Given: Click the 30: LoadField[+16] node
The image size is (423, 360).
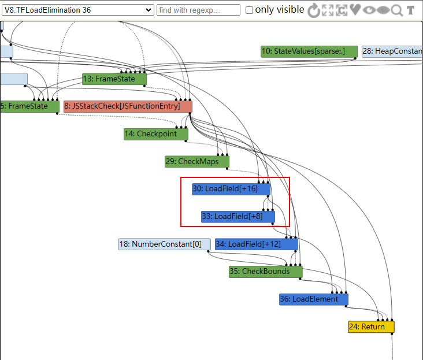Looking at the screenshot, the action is click(x=231, y=189).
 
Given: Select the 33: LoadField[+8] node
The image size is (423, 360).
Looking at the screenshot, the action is click(x=238, y=217).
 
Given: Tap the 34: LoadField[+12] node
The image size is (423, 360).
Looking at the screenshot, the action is click(x=257, y=244).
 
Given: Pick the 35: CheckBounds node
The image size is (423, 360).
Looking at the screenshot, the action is click(x=266, y=272).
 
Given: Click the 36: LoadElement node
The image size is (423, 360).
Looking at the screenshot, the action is click(x=314, y=299).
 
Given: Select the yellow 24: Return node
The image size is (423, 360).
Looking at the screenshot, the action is click(x=371, y=327).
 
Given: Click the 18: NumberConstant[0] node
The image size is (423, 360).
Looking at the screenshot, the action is click(x=165, y=244).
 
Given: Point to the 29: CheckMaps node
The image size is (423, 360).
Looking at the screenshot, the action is click(x=197, y=162).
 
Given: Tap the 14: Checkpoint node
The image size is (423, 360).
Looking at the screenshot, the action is click(x=156, y=134).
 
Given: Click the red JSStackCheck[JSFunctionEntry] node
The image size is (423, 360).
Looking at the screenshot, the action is click(x=128, y=106).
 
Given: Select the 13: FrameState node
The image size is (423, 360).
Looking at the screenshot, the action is click(x=114, y=79).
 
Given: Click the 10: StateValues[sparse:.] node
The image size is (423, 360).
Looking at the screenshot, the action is click(x=309, y=51).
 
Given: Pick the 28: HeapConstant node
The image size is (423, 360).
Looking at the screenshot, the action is click(x=392, y=51).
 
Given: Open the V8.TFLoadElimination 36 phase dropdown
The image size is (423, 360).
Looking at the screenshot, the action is click(x=77, y=10).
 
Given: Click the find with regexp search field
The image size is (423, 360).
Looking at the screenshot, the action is click(x=198, y=10).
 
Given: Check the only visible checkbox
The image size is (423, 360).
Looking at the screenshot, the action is click(x=249, y=10).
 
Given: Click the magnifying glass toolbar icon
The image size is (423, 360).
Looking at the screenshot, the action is click(x=397, y=10).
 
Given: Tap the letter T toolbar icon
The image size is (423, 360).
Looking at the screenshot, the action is click(x=411, y=10).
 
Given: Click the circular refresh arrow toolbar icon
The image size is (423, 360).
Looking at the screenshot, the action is click(x=314, y=10).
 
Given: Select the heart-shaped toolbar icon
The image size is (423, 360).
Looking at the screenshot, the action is click(x=355, y=10).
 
